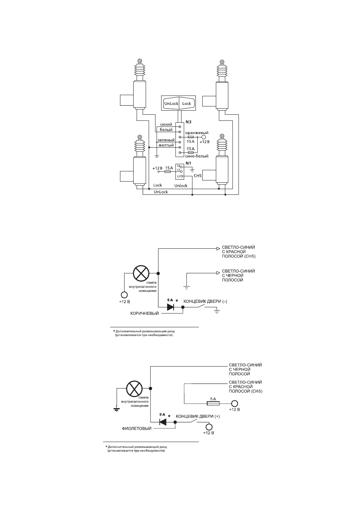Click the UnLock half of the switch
pos(171,103)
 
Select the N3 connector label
pos(188,122)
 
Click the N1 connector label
pos(188,163)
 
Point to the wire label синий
pos(166,124)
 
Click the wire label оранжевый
pos(197,133)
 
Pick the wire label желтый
pos(166,145)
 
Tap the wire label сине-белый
pos(197,156)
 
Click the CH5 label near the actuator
pos(197,176)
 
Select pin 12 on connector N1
pos(181,176)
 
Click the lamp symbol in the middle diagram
pos(141,273)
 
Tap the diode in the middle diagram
pos(171,307)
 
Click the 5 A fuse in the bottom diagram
pos(213,404)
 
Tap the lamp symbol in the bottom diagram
pos(134,388)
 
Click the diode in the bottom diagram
pos(163,422)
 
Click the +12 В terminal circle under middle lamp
pos(124,295)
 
